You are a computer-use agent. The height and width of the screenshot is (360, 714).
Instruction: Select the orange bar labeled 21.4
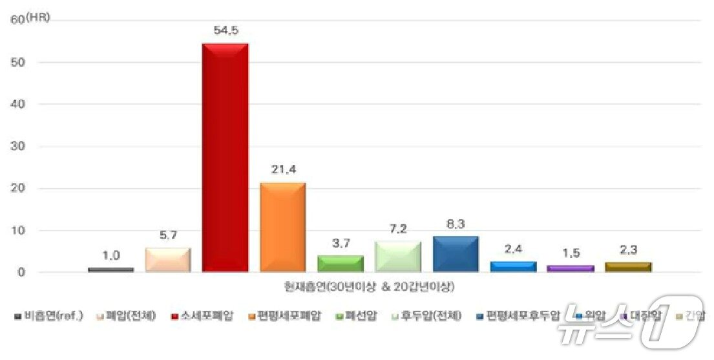click(x=282, y=227)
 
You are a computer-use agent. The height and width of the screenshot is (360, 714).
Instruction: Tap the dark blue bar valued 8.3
click(x=456, y=254)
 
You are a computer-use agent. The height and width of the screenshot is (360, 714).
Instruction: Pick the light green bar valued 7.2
click(x=398, y=257)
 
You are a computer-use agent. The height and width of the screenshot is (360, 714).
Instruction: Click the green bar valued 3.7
click(x=341, y=264)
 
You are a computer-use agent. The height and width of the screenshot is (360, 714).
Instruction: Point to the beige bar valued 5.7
click(x=168, y=260)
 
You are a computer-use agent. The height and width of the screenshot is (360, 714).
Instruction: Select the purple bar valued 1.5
click(x=571, y=268)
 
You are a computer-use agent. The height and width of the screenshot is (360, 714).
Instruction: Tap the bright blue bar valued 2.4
click(x=513, y=266)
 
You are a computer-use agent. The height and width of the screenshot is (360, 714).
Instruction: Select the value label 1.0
click(x=111, y=255)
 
